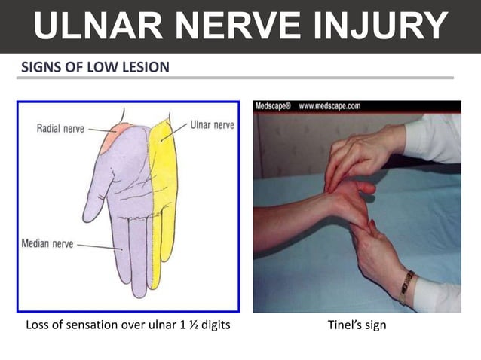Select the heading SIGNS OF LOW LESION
[x=96, y=68]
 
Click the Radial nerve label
[x=60, y=129]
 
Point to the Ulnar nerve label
[x=212, y=124]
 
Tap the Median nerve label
[x=47, y=245]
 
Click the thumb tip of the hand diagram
[x=89, y=216]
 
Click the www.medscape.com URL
[x=329, y=107]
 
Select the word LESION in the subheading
[x=147, y=68]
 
